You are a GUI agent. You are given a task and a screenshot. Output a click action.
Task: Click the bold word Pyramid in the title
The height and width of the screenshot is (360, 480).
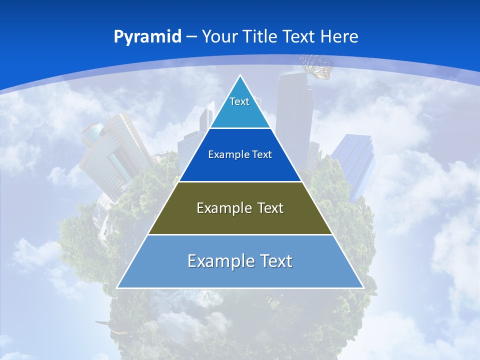(147, 37)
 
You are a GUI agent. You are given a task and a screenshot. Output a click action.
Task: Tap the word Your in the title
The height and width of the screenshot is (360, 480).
(219, 36)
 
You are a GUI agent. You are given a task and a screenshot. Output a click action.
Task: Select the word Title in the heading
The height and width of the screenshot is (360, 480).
(260, 36)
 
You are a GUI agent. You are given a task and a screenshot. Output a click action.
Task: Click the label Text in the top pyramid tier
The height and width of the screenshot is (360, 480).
(239, 101)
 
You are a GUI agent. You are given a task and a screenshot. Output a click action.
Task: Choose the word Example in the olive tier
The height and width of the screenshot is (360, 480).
(222, 208)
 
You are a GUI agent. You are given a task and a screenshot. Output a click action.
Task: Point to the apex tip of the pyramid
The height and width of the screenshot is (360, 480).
(240, 76)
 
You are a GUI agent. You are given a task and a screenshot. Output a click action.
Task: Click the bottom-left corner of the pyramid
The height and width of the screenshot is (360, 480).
(118, 287)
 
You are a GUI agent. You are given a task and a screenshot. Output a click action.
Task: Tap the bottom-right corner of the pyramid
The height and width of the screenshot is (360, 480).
(362, 287)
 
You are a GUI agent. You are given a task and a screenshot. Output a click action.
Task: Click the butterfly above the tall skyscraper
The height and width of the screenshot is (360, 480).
(316, 66)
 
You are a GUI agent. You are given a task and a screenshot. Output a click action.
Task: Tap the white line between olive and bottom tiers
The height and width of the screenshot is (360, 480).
(240, 234)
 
